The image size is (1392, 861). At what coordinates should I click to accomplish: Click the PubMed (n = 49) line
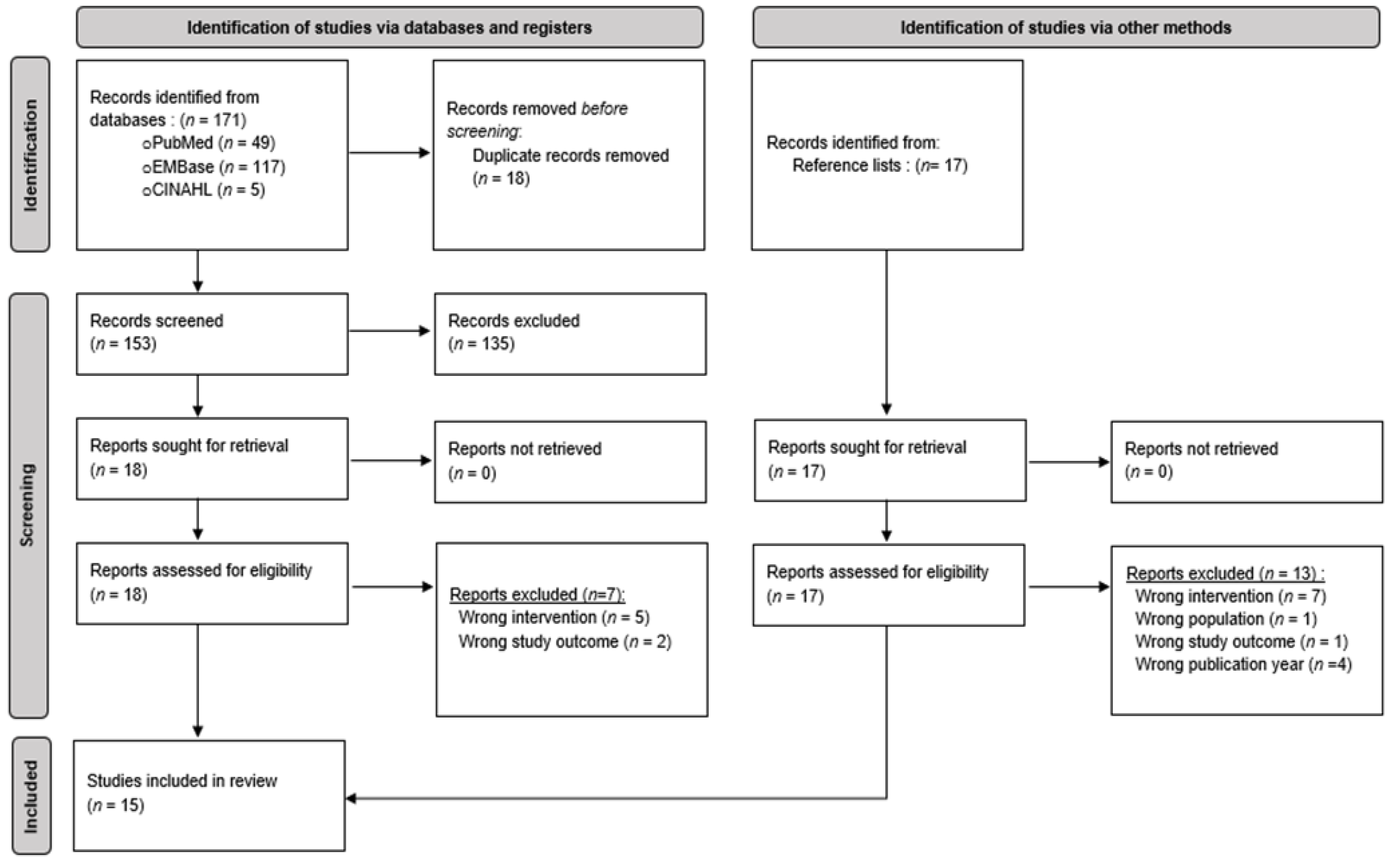pos(209,143)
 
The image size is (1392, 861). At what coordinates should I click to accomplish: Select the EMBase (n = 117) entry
pos(214,167)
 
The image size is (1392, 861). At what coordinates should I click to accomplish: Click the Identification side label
pos(30,154)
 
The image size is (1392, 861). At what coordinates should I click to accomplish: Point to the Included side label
pos(31,796)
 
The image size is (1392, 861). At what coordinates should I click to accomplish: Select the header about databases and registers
pos(390,27)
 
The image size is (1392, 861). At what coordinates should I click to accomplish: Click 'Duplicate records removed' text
pos(570,155)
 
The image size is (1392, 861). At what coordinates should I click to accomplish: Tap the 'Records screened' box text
pos(157,321)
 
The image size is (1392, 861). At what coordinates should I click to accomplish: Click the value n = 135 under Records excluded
pos(481,344)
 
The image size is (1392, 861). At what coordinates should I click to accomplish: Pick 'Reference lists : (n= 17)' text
pos(879,166)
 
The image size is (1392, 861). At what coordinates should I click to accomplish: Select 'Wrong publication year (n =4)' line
pos(1243,665)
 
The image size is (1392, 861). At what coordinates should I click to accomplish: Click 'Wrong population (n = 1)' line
pos(1225,619)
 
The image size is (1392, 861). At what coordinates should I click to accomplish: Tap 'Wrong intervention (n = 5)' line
pos(553,617)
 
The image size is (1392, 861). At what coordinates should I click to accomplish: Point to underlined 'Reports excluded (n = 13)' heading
pos(1225,573)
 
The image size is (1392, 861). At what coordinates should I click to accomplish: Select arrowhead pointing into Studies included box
pos(351,798)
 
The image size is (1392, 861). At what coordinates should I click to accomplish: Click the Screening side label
pos(28,505)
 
